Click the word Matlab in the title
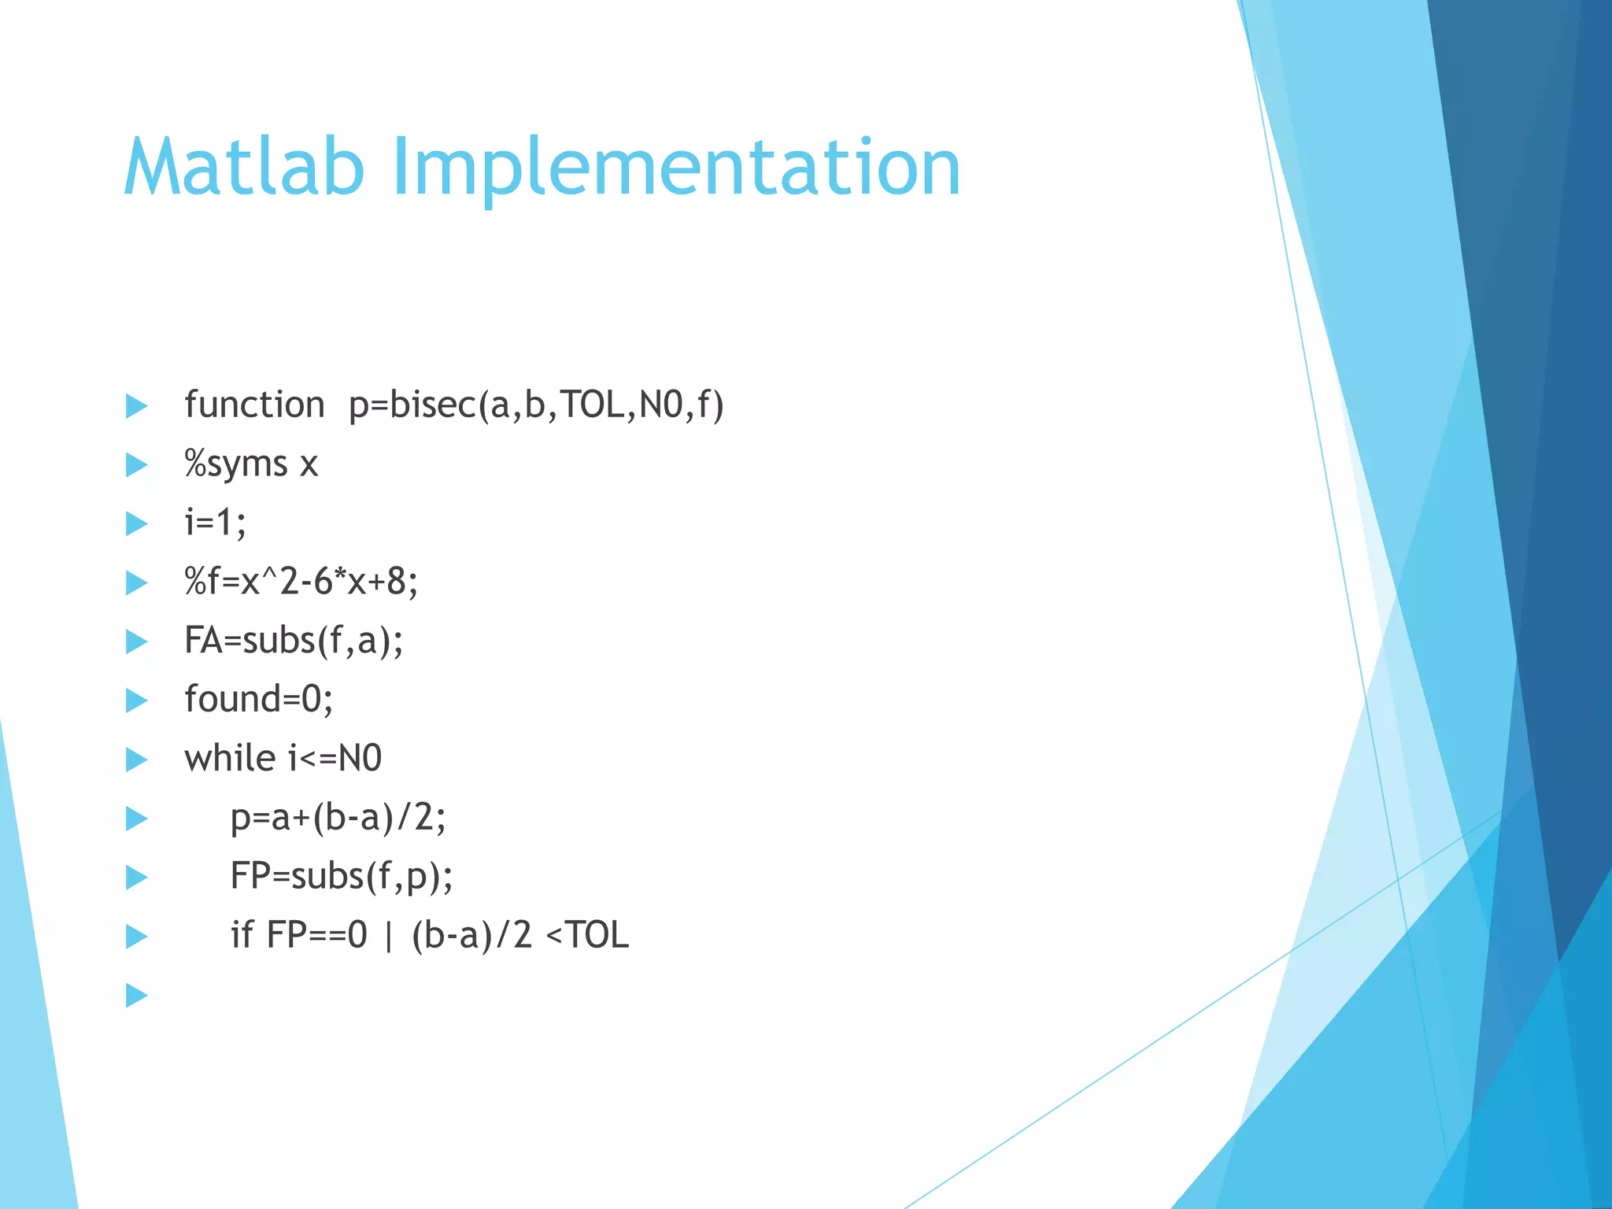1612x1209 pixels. pyautogui.click(x=244, y=167)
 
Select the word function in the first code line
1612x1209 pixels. pyautogui.click(x=254, y=405)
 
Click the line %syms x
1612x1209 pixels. pyautogui.click(x=251, y=464)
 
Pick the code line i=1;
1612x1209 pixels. pyautogui.click(x=215, y=523)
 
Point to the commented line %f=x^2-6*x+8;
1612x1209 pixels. pyautogui.click(x=301, y=582)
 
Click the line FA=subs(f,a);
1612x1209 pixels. pyautogui.click(x=294, y=641)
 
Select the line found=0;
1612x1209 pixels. pyautogui.click(x=258, y=700)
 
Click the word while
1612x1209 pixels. pyautogui.click(x=230, y=759)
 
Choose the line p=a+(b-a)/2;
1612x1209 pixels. pyautogui.click(x=338, y=819)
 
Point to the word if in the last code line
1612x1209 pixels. pyautogui.click(x=241, y=936)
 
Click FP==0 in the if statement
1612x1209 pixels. pyautogui.click(x=317, y=936)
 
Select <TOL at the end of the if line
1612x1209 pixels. pyautogui.click(x=587, y=936)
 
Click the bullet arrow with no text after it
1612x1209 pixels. pyautogui.click(x=137, y=996)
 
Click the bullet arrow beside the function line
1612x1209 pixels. pyautogui.click(x=137, y=406)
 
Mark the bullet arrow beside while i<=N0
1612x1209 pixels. pyautogui.click(x=137, y=760)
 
